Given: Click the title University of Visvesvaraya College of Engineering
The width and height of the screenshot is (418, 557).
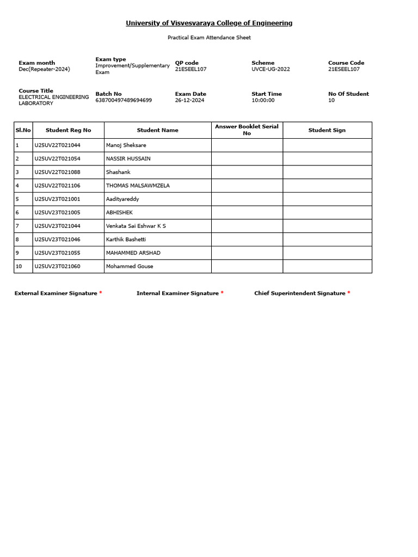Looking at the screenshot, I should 209,23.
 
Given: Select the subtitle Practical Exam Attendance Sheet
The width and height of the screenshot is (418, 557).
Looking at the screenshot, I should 209,38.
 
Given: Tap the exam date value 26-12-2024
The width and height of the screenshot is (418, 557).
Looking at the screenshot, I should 189,101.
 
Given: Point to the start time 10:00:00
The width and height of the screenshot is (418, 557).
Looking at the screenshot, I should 263,101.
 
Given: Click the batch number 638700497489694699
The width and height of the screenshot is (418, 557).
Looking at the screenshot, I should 124,101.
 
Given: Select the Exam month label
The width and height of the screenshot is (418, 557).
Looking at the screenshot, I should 37,63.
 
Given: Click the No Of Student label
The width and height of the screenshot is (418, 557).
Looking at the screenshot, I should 348,94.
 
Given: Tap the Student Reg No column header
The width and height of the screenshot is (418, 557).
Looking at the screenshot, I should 69,130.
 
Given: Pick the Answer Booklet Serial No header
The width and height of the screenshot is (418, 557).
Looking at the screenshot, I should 247,129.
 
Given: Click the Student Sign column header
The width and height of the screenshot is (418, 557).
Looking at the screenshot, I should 327,130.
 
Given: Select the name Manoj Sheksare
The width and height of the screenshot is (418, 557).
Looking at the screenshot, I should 126,145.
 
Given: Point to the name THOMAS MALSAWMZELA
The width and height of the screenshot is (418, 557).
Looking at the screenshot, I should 138,185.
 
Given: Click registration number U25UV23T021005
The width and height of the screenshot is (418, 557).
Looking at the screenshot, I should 57,213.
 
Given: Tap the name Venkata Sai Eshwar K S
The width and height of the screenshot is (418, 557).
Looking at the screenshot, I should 136,226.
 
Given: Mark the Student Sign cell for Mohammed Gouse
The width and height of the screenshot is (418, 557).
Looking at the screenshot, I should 327,267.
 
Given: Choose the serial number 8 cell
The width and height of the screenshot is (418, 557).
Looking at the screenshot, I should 23,239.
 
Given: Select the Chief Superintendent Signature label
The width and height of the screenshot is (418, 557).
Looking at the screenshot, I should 300,293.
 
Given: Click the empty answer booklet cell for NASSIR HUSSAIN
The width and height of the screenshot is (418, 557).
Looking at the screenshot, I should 247,159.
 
